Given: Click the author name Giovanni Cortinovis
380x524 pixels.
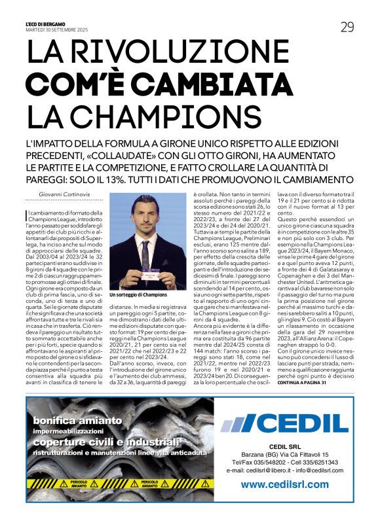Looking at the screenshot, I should point(63,194).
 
